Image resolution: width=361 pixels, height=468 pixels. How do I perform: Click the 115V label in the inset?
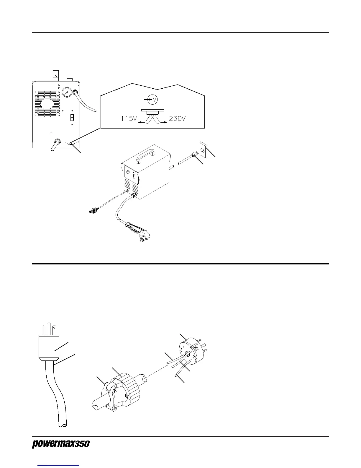pos(129,119)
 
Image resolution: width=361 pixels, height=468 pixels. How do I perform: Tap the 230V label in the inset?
pos(177,119)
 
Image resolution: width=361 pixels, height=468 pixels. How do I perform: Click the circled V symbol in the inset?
pos(153,100)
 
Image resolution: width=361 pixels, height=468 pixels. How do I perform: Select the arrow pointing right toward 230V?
pos(163,122)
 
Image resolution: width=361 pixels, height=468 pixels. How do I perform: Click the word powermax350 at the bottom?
pos(60,444)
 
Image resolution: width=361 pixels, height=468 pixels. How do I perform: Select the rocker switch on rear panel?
pos(72,118)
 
